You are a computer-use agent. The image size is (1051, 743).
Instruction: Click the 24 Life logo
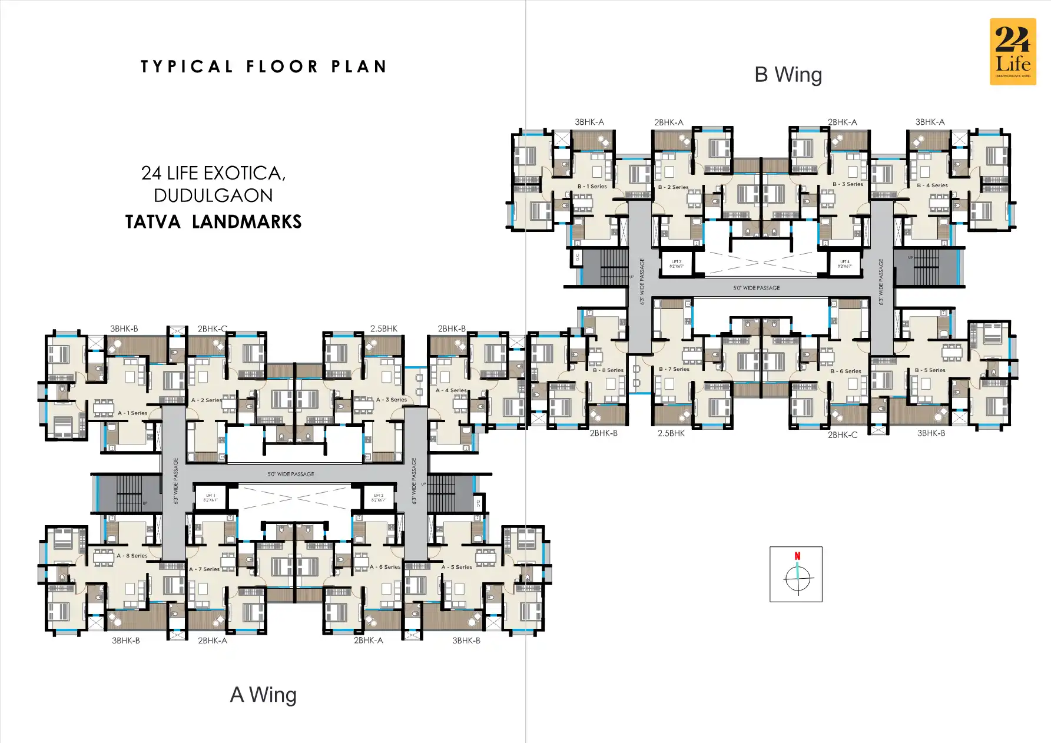tap(1012, 52)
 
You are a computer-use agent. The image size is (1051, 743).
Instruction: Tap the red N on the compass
tap(797, 556)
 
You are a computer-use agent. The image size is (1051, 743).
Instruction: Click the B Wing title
tap(788, 75)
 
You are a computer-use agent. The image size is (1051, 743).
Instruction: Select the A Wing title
tap(263, 695)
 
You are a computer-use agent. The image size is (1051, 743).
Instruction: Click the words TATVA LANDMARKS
tap(213, 222)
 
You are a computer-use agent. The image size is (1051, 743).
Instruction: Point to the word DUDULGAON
tap(213, 195)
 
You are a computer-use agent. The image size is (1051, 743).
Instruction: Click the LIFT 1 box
tap(211, 497)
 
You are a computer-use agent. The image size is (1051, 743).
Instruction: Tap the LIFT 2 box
tap(378, 497)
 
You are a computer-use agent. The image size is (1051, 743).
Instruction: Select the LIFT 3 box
tap(676, 264)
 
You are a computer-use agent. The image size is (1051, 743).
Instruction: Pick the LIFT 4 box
tap(844, 264)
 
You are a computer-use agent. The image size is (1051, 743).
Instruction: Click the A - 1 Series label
tap(132, 413)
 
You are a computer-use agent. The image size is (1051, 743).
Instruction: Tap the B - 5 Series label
tap(930, 370)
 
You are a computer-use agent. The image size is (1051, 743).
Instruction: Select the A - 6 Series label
tap(385, 567)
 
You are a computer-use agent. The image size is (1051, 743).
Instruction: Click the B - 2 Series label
tap(674, 187)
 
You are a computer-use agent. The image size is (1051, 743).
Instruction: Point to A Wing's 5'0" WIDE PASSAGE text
tap(291, 474)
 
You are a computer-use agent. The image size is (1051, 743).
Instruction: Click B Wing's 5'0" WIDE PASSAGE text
tap(757, 288)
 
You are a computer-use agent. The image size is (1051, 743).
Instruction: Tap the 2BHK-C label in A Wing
tap(212, 329)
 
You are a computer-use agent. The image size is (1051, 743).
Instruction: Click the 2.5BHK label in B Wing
tap(671, 433)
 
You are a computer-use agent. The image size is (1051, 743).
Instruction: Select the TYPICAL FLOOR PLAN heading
tap(263, 67)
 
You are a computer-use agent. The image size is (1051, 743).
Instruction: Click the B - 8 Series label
tap(608, 370)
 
